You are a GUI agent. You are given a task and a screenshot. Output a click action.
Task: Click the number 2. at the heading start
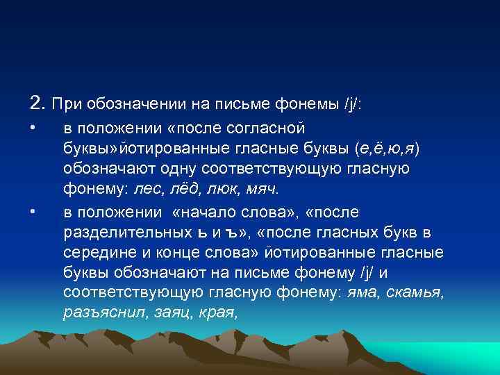38,104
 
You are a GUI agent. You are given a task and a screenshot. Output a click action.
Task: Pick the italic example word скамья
415,293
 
